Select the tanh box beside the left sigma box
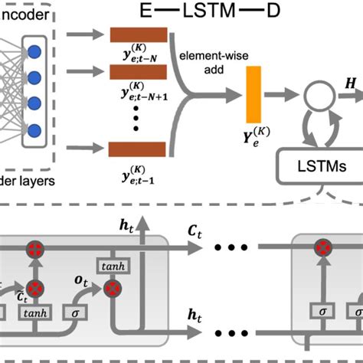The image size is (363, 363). pyautogui.click(x=34, y=313)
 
